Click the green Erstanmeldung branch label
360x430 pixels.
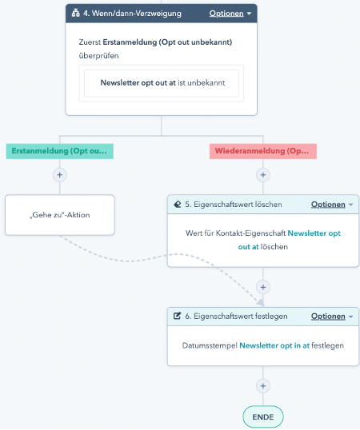click(x=59, y=151)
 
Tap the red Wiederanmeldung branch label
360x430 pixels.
click(x=263, y=151)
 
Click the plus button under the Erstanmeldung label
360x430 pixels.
click(x=59, y=175)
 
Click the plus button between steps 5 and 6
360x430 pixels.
click(x=263, y=287)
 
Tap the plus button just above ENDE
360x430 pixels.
click(x=263, y=386)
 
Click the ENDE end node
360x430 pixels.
click(x=263, y=417)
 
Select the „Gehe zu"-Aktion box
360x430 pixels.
click(x=60, y=215)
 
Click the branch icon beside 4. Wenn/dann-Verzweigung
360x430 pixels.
click(x=76, y=13)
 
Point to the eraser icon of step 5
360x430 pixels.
click(x=178, y=205)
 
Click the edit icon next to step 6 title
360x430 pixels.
click(x=178, y=316)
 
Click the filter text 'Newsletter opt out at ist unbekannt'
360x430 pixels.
click(x=162, y=83)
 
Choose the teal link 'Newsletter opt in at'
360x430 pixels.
click(x=274, y=345)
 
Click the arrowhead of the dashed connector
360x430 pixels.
click(x=261, y=302)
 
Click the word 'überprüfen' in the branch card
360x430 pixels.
click(x=98, y=56)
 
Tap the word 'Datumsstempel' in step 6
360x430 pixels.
click(x=210, y=345)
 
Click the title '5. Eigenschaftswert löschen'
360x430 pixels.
click(x=234, y=205)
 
